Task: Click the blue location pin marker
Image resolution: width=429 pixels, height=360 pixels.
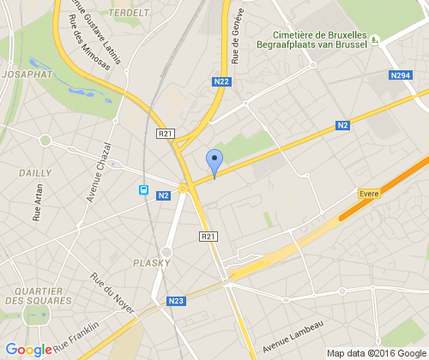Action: [x=214, y=161]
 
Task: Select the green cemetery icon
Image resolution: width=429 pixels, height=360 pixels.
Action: [x=375, y=39]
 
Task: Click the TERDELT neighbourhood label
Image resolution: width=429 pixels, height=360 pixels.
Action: [x=129, y=13]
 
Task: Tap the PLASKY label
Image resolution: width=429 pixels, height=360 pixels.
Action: [x=151, y=261]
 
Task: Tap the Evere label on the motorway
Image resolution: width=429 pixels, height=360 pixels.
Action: [x=369, y=194]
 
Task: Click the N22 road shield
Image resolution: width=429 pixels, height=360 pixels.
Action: [x=222, y=81]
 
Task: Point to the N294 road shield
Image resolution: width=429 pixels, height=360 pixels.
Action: [x=400, y=76]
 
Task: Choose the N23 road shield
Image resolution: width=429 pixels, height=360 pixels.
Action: [x=176, y=301]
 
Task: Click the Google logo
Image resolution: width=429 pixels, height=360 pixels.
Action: [x=28, y=349]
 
